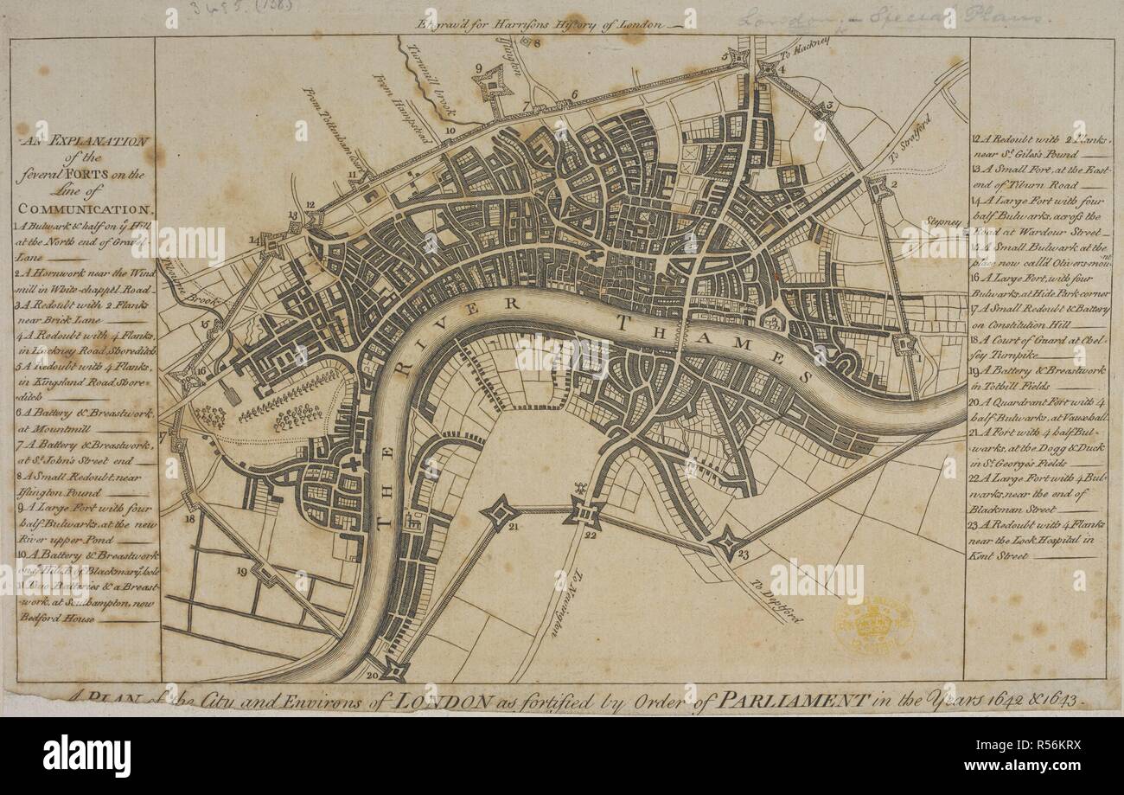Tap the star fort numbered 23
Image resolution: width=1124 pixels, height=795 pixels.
pos(727,543)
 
